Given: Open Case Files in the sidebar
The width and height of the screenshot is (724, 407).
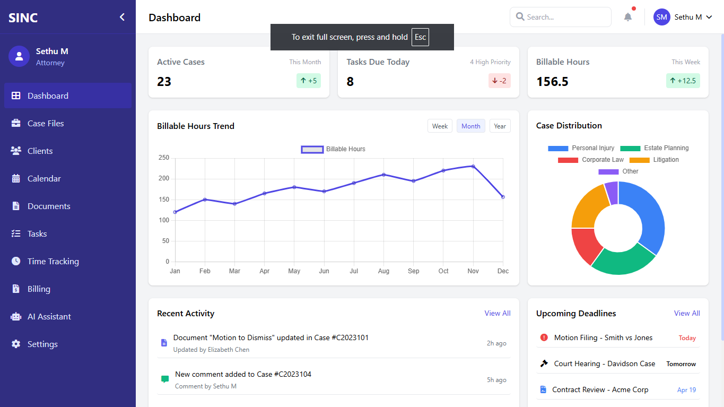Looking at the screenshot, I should point(46,123).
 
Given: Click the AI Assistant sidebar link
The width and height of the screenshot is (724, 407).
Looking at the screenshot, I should point(49,316).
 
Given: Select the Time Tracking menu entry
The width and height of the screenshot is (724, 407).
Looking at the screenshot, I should point(53,261).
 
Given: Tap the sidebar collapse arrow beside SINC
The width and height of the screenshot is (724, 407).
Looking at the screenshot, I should point(122,17).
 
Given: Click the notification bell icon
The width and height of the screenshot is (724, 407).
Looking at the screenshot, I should point(628,17).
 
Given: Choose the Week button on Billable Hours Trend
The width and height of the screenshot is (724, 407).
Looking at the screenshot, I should point(440,126).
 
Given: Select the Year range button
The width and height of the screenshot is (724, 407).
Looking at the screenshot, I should point(500,126).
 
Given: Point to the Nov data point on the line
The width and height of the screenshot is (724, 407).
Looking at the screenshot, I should point(473,166).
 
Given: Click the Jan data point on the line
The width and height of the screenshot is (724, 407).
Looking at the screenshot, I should point(175,212).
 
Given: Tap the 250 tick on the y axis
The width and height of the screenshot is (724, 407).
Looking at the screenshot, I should point(163,158).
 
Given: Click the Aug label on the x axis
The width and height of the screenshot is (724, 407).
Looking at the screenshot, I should point(383,271).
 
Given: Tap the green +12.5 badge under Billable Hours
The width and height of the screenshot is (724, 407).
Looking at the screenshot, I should point(683,81).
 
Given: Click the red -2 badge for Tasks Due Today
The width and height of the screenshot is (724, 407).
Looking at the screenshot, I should point(499,81).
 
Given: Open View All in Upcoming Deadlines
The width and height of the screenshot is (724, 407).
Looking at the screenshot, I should point(686,313).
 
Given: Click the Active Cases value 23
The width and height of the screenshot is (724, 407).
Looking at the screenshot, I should point(164,81).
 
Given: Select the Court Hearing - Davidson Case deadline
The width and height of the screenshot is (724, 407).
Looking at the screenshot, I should point(604,363).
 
